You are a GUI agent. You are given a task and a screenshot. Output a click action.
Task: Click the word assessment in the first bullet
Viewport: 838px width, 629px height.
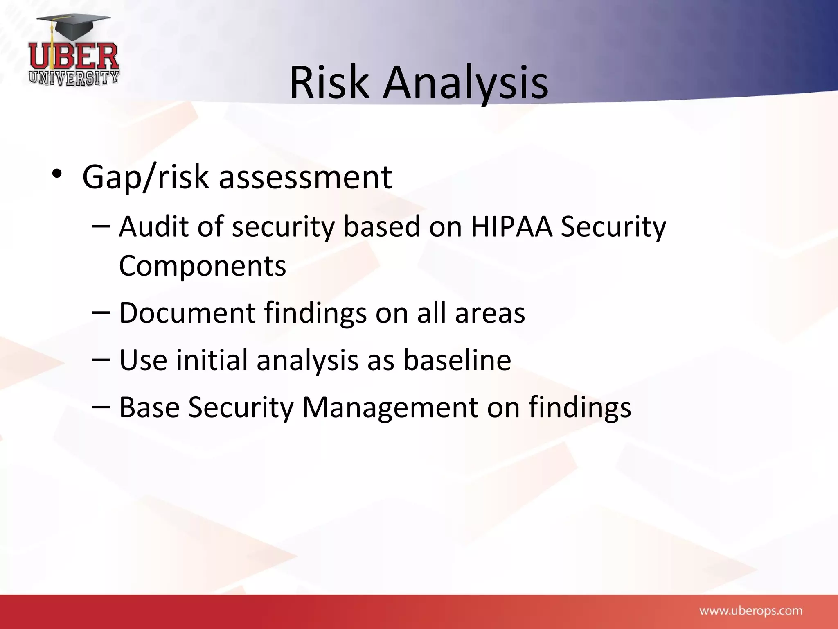coord(305,177)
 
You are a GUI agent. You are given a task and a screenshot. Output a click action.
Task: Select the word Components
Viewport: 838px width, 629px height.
coord(202,266)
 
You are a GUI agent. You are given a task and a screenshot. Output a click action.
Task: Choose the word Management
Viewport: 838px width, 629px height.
coord(390,407)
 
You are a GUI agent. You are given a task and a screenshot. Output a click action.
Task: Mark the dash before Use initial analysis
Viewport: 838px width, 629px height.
coord(101,360)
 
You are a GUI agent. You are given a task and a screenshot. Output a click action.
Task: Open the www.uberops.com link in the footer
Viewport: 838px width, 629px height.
coord(750,611)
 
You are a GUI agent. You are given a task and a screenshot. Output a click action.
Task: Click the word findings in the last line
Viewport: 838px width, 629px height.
coord(580,407)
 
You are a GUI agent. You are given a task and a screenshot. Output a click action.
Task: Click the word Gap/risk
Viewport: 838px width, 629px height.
coord(145,177)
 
